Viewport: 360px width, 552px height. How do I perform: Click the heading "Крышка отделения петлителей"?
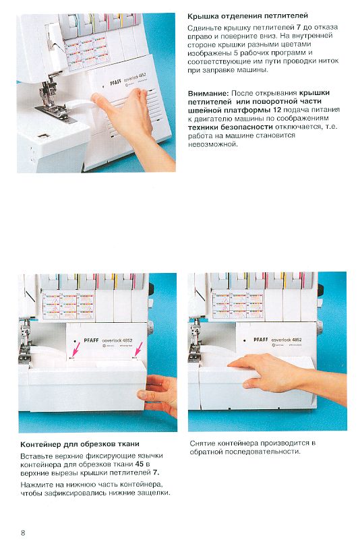247,16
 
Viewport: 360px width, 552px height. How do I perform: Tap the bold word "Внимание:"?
208,93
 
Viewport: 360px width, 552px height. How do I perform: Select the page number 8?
23,532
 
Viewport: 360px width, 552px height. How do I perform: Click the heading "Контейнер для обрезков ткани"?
80,444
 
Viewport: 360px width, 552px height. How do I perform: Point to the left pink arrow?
76,350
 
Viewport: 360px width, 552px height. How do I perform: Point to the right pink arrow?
139,350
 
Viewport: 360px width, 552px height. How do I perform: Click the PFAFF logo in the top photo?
115,83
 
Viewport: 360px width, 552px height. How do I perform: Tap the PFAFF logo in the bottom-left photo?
91,340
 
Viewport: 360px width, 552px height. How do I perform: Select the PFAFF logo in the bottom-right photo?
261,340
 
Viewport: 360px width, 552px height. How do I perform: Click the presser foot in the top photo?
53,106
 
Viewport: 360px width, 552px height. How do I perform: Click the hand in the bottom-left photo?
159,395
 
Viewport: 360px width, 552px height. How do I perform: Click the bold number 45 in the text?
140,464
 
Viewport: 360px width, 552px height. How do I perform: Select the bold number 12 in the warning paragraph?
277,110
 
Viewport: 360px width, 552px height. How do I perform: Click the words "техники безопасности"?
231,127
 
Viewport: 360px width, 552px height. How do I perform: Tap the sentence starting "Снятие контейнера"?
253,448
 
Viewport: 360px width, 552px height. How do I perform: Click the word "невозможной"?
213,144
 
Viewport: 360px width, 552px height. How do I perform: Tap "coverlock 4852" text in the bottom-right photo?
287,340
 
